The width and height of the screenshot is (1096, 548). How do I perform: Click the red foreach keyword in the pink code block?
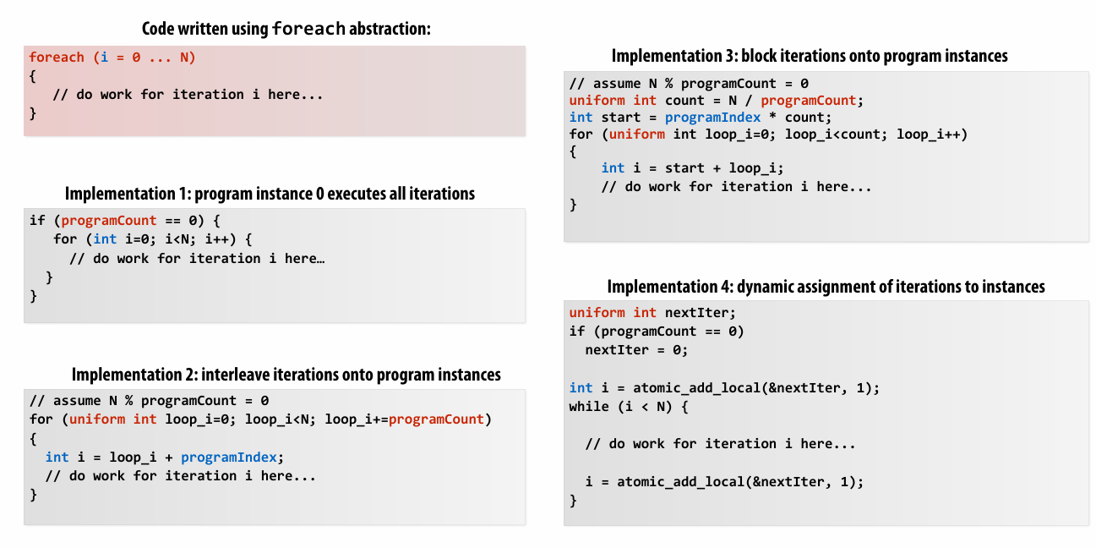[57, 58]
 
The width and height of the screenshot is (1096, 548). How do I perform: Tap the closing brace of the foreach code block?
[33, 112]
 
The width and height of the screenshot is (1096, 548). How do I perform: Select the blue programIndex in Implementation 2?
[229, 458]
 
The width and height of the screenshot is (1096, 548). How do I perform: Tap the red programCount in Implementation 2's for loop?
[437, 419]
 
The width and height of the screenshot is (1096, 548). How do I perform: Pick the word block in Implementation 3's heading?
[761, 57]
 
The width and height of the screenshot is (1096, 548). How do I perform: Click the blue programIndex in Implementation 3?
[712, 118]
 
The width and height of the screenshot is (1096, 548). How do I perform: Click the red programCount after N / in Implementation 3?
[809, 101]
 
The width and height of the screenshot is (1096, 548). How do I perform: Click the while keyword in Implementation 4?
[589, 406]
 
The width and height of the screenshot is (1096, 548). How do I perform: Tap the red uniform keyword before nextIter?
[597, 313]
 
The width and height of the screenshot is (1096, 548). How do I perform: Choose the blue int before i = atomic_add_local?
[581, 387]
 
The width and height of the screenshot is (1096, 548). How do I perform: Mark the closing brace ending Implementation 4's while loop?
[574, 501]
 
